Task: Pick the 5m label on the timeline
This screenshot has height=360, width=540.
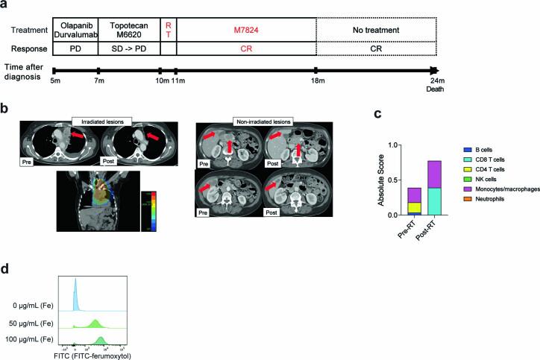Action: [54, 80]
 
